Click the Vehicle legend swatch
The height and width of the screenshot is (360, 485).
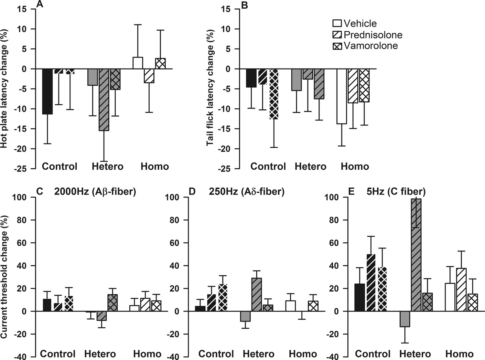coord(337,24)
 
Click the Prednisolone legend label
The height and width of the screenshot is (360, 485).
coord(373,35)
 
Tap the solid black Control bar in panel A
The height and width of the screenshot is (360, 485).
coord(48,91)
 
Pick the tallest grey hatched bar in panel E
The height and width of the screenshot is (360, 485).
coord(416,255)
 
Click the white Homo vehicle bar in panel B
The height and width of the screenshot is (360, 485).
coord(341,96)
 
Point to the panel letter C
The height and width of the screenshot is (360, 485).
coord(40,192)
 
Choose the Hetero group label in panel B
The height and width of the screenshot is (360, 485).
coord(310,166)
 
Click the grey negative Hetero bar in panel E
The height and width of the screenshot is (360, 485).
coord(404,319)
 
